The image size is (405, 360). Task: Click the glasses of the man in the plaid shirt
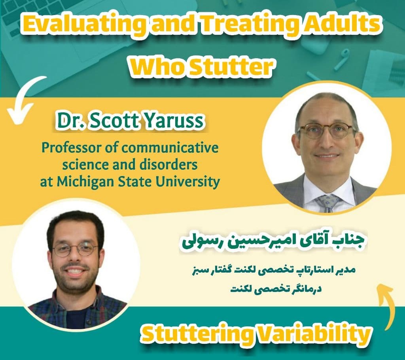click(75, 249)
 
